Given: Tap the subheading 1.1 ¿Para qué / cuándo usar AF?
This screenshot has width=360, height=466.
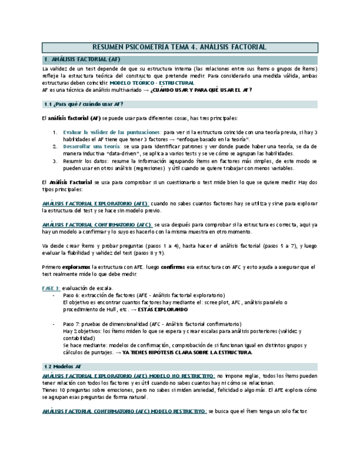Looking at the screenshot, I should point(83,104).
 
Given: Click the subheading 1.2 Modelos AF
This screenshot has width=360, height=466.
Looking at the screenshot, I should point(65,365).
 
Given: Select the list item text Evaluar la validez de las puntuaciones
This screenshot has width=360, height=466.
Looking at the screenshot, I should point(112,132).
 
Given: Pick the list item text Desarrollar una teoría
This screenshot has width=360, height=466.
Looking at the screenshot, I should point(92,147).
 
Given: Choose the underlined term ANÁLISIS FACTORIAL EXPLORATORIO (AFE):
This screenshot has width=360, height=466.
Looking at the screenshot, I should point(96,203).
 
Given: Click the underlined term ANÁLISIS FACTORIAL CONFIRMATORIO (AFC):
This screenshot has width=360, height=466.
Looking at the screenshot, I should point(97,225).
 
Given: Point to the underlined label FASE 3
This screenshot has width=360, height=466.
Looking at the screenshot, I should point(51,289).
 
